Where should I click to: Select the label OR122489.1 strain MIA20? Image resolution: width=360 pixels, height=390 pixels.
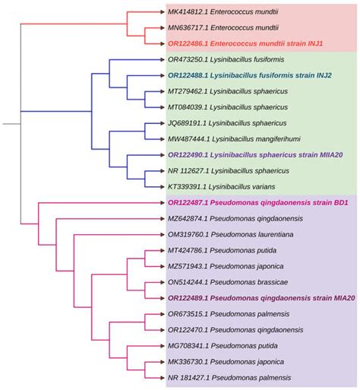[x=257, y=298]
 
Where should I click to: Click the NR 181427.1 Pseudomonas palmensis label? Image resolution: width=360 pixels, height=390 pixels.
[x=231, y=378]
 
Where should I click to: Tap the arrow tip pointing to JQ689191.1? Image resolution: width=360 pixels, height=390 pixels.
[x=161, y=123]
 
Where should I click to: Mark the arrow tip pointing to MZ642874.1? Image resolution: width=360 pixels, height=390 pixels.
[x=161, y=219]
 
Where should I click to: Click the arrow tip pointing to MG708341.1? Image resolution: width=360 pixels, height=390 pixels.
[x=161, y=346]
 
